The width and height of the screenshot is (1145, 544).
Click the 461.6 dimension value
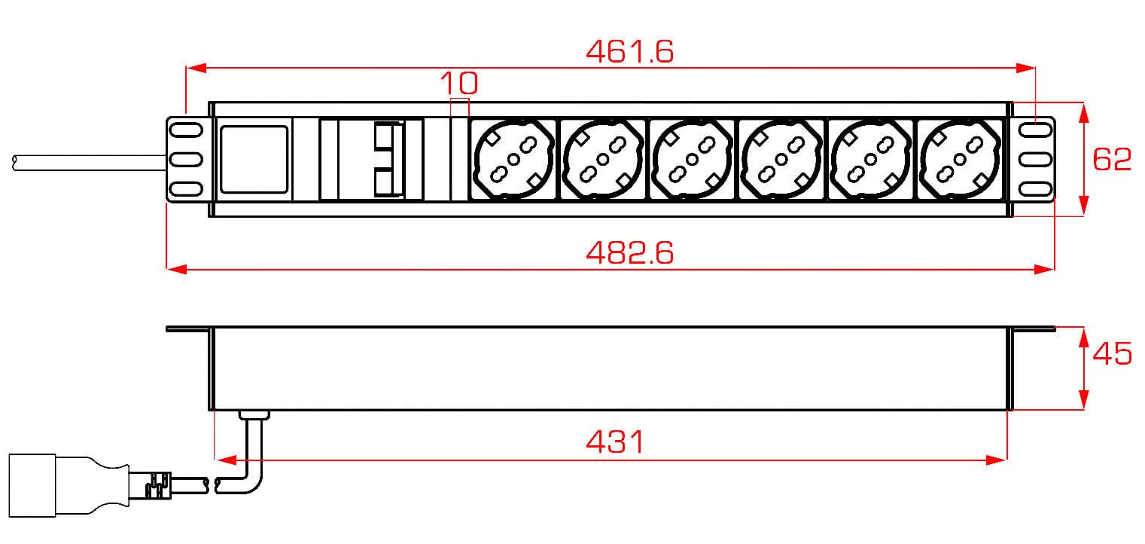[630, 52]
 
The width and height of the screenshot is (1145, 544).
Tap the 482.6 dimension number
[630, 253]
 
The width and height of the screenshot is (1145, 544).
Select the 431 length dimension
[615, 442]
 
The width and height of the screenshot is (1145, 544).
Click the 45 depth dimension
[1112, 353]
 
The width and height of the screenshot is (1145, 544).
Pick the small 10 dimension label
[459, 82]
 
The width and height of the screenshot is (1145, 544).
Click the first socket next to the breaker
[513, 159]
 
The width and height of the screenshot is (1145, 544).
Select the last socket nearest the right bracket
[960, 159]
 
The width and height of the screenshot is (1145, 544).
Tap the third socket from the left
[692, 159]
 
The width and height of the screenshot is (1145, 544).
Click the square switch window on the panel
[254, 159]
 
